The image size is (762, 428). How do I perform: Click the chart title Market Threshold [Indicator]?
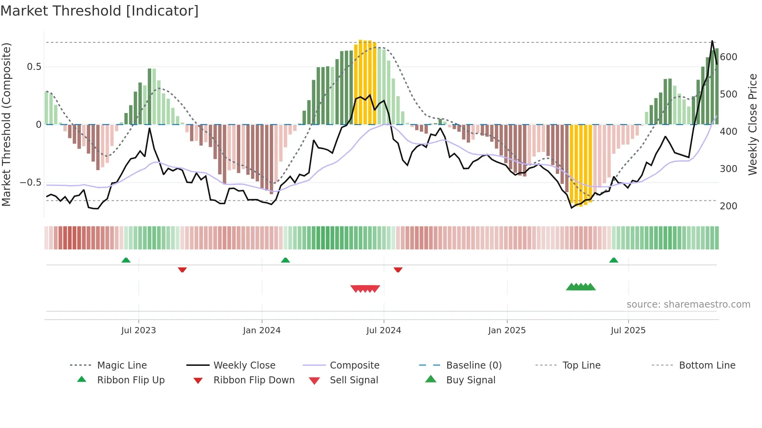point(100,11)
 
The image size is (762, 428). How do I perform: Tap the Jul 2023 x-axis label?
point(138,331)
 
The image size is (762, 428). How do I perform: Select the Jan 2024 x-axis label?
point(262,331)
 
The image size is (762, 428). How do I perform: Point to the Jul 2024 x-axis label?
point(384,331)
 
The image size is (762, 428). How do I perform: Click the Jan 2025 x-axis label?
point(507,331)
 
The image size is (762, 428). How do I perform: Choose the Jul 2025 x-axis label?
point(628,331)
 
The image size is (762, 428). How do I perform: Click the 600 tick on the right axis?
point(729,57)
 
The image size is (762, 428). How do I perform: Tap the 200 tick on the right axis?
point(729,206)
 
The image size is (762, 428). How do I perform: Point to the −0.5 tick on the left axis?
point(31,183)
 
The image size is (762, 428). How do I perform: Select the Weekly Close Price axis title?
point(753,124)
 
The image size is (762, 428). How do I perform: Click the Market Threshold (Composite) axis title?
point(6,124)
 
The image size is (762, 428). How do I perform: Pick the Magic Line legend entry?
point(122,365)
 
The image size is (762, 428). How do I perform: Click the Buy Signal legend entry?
point(470,380)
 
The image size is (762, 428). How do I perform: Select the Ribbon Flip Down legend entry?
point(254,380)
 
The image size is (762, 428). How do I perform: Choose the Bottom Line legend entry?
point(707,365)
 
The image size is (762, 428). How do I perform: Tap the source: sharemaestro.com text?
point(688,304)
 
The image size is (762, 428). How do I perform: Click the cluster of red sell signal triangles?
point(365,289)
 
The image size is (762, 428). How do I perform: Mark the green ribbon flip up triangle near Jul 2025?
point(613,260)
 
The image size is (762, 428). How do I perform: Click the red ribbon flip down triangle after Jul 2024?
point(398,270)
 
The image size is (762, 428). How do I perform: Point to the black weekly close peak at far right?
point(712,41)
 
